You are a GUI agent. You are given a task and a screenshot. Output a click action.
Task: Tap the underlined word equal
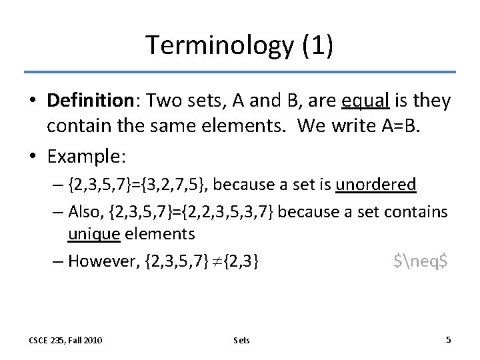point(363,101)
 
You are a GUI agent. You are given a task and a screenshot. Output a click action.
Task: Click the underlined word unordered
point(376,184)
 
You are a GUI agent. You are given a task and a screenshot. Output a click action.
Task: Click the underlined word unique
point(93,233)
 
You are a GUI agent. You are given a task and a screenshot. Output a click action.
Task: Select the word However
point(104,261)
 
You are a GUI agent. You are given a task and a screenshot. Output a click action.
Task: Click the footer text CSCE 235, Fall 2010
point(65,340)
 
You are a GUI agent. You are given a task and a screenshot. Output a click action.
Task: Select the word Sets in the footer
point(241,340)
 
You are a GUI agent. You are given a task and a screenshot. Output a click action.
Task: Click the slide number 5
point(448,339)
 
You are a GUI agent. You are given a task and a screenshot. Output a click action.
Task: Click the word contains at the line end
point(419,211)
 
